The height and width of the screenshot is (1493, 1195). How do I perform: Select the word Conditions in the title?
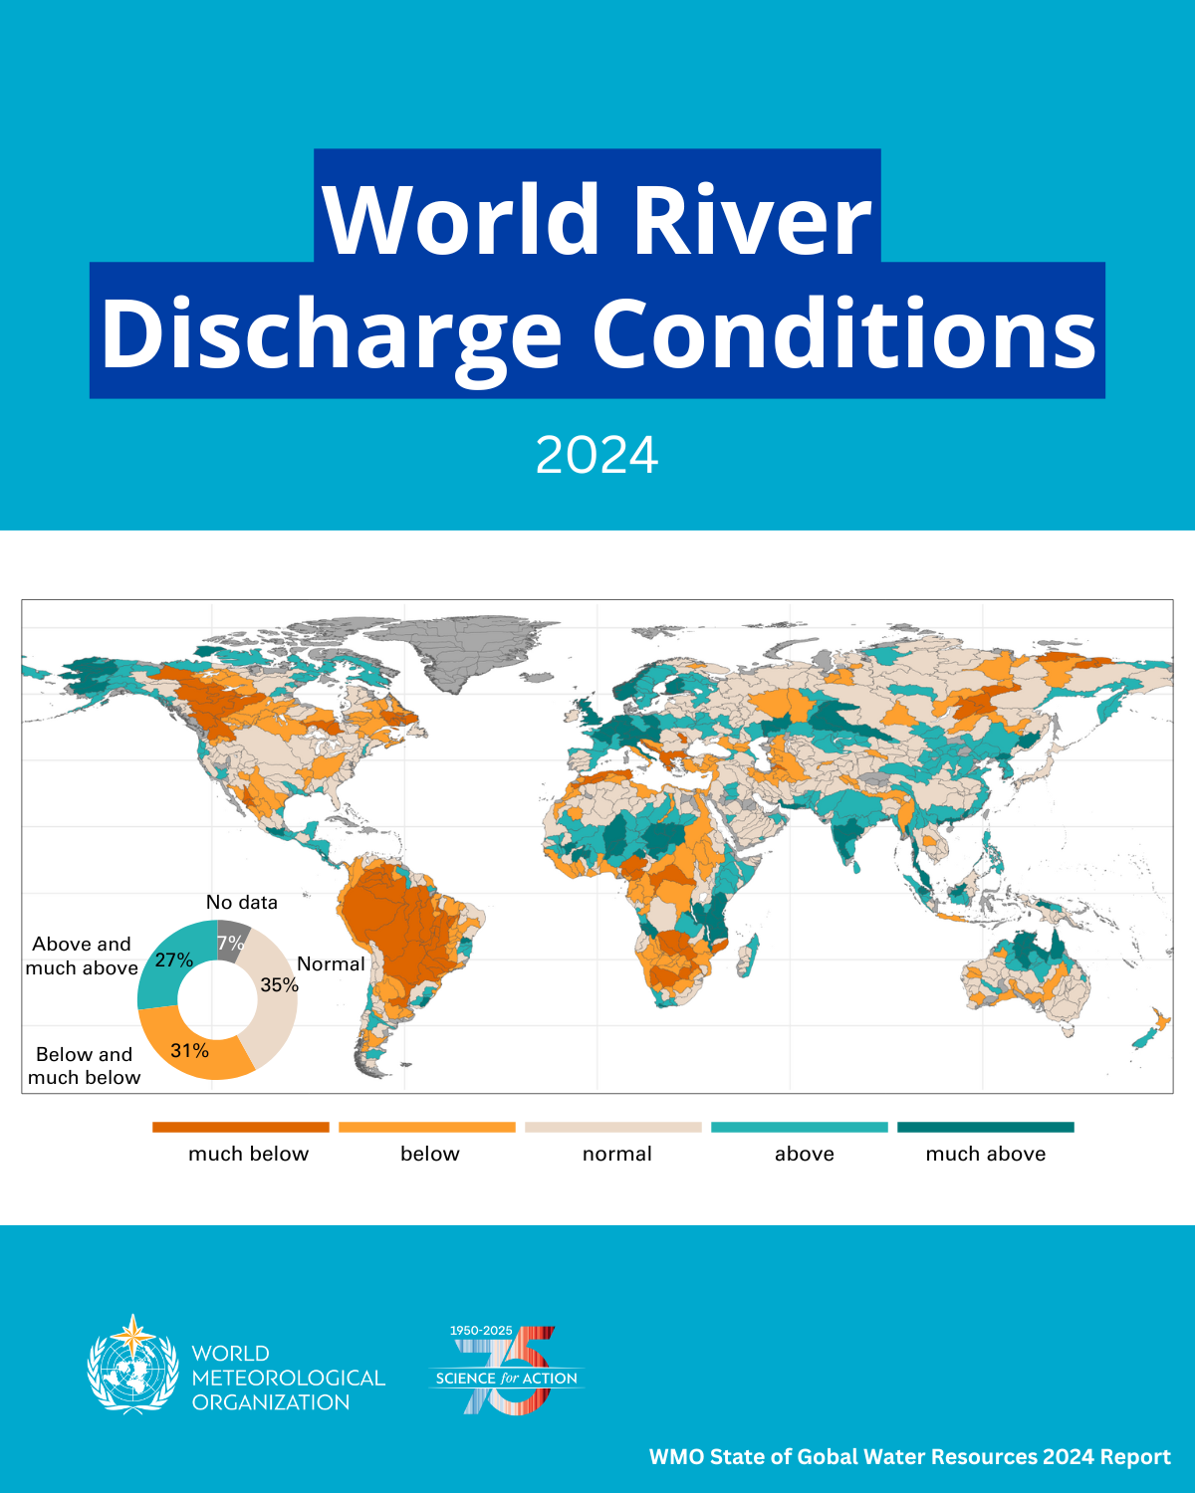[844, 333]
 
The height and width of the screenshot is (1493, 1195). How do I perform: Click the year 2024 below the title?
[597, 456]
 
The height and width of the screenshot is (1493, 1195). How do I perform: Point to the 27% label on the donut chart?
[173, 960]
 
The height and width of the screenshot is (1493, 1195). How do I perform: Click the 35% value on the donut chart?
[279, 985]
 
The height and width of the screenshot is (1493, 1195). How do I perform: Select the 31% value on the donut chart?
[189, 1051]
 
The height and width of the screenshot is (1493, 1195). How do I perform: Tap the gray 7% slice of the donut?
[231, 941]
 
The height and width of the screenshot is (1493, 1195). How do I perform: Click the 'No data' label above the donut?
[242, 903]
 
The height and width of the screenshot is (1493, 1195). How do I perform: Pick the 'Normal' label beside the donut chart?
[331, 964]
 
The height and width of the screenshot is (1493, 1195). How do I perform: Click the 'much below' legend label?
[248, 1154]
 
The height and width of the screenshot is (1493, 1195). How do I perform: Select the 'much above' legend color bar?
[985, 1127]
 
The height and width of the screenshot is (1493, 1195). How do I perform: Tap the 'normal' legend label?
[616, 1154]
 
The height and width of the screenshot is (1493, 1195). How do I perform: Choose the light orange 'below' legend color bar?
[426, 1127]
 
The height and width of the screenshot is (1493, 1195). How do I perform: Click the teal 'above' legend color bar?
[799, 1127]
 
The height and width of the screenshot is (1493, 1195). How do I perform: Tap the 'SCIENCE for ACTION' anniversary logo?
[507, 1371]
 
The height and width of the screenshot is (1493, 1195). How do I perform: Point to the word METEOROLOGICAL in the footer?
[288, 1379]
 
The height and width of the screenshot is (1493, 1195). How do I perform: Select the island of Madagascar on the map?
[755, 952]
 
